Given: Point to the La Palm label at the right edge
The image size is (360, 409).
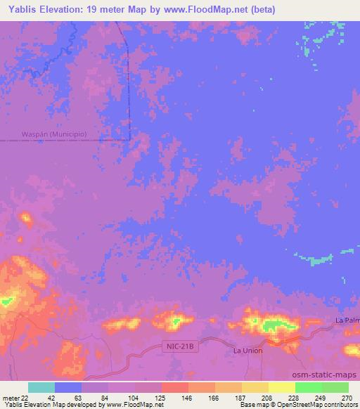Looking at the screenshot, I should point(347,320).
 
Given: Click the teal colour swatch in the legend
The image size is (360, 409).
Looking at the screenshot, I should point(41,387).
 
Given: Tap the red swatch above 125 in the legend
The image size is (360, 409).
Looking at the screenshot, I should point(174,387).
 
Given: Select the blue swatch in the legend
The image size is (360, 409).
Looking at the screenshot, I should point(68,387).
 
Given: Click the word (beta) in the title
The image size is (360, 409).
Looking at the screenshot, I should point(261,10).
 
